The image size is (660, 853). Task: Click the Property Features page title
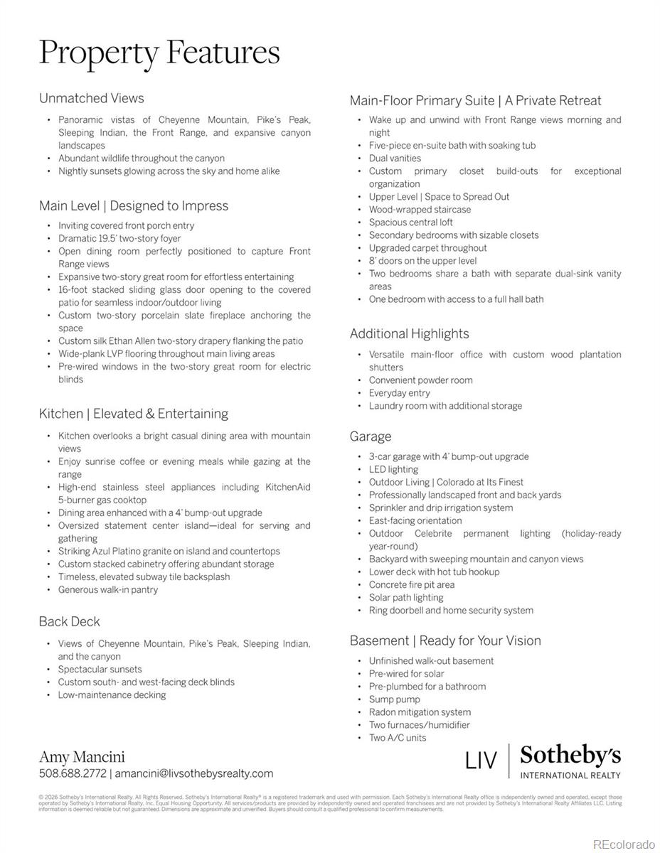tap(159, 53)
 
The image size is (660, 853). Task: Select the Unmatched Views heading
tap(92, 98)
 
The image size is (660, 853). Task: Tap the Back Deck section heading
tap(70, 621)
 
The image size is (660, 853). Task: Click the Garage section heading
tap(371, 436)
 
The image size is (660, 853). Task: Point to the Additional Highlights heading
tap(410, 333)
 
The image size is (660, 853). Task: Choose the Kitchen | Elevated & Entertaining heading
tap(134, 413)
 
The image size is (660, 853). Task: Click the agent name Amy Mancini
tap(82, 756)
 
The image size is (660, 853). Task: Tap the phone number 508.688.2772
tap(73, 773)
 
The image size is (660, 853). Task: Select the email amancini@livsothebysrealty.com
tap(194, 773)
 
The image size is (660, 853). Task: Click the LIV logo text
tap(481, 761)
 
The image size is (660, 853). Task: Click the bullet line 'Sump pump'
tap(395, 699)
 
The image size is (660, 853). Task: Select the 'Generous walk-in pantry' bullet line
tap(108, 590)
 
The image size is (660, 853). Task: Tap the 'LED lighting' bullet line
tap(393, 469)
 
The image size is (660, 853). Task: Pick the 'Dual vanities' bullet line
tap(395, 159)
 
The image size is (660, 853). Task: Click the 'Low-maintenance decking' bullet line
tap(112, 695)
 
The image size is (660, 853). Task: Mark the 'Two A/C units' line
tap(398, 738)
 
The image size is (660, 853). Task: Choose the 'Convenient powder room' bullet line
tap(420, 380)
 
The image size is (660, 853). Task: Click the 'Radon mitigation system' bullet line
tap(420, 712)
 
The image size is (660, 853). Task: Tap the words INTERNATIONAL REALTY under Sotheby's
tap(570, 775)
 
